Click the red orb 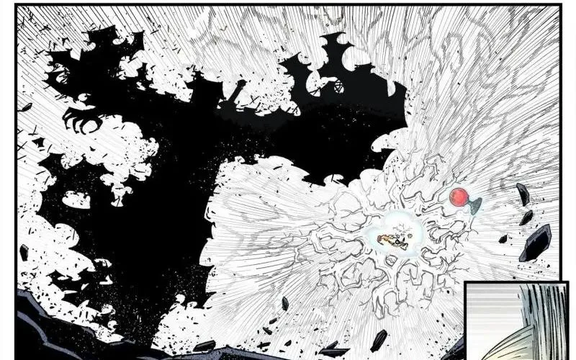pos(458,197)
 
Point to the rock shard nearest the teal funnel pos(523,193)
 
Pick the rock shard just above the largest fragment pos(526,217)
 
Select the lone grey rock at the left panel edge pos(24,253)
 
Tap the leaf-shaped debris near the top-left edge pos(26,107)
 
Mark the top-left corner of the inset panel pos(466,284)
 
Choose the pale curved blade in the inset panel pos(504,346)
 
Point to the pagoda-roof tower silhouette pos(338,54)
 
